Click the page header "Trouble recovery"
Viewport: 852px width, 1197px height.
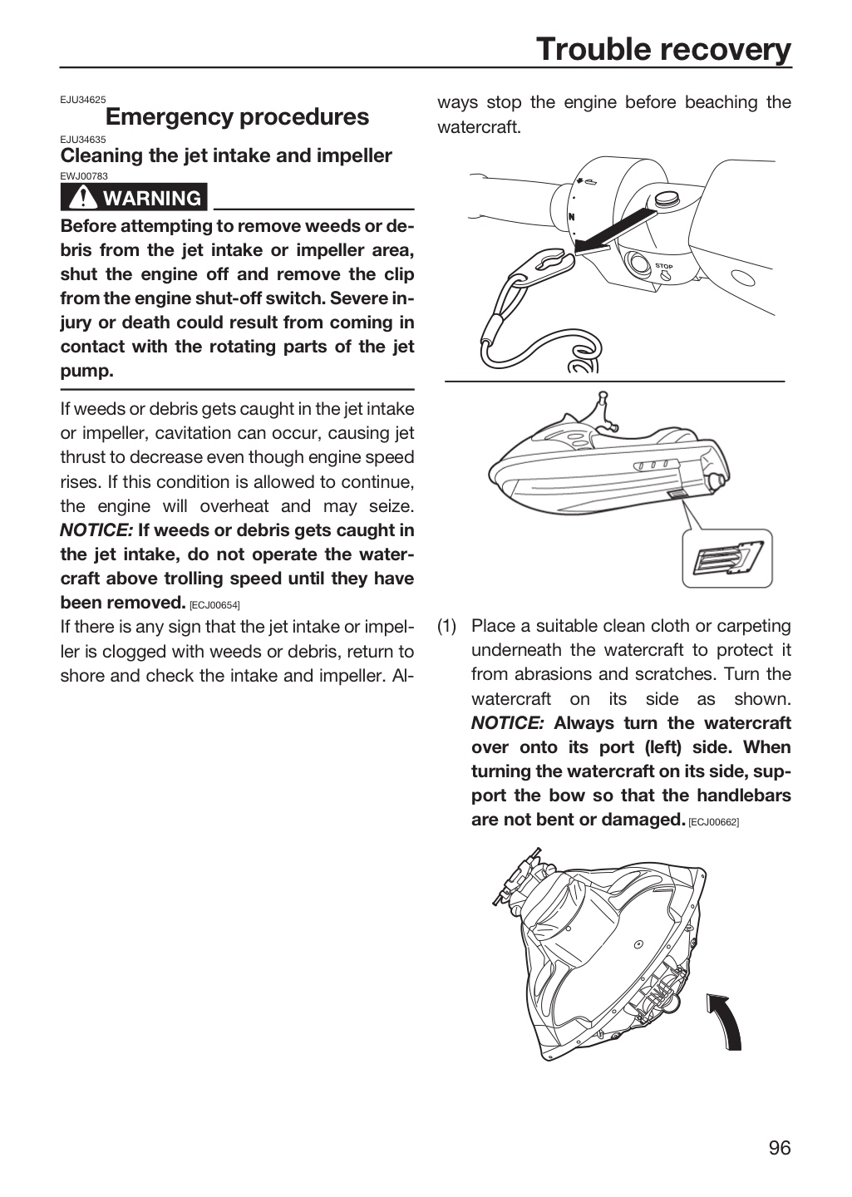(x=663, y=50)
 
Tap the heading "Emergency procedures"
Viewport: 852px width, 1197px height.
(x=238, y=116)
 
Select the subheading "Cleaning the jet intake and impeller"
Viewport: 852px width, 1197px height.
(x=226, y=155)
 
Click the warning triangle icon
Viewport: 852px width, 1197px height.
(x=83, y=197)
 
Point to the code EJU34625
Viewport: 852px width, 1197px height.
(x=83, y=100)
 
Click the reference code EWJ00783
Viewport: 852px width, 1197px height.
(x=84, y=176)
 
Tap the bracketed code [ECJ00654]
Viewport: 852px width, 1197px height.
(x=215, y=605)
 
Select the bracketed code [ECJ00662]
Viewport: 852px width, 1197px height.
(x=714, y=822)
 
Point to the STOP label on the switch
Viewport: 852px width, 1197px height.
(x=664, y=266)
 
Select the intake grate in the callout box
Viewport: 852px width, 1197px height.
(x=727, y=558)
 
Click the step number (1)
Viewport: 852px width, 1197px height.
(x=447, y=626)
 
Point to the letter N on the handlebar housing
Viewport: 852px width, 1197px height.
(x=571, y=217)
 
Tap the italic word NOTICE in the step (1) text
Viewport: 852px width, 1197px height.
(x=507, y=723)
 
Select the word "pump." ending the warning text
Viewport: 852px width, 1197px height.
(x=87, y=372)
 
